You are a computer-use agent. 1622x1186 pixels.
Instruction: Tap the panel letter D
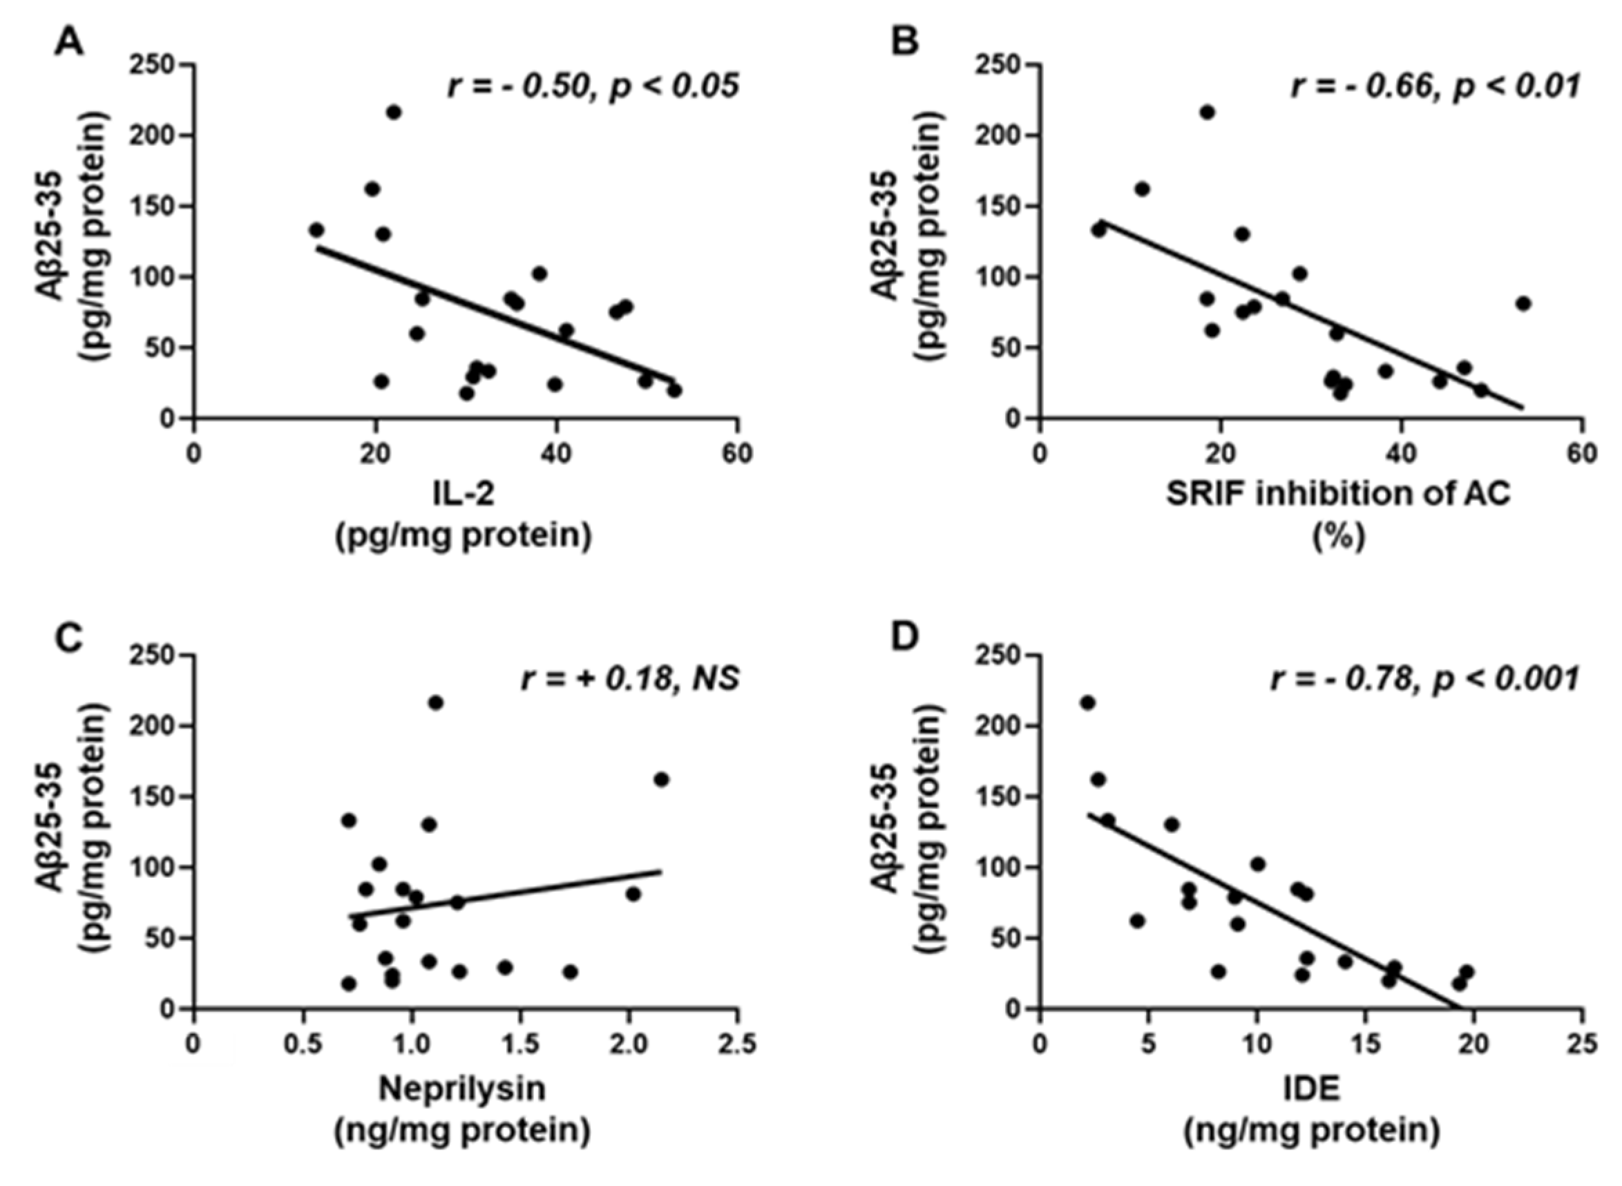pyautogui.click(x=904, y=636)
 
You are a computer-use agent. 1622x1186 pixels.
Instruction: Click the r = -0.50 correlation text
pyautogui.click(x=593, y=87)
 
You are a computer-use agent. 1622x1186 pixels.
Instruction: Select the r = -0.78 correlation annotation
pyautogui.click(x=1424, y=678)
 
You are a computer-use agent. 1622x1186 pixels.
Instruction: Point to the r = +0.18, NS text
pyautogui.click(x=631, y=678)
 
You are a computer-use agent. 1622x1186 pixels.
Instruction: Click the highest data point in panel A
pyautogui.click(x=394, y=113)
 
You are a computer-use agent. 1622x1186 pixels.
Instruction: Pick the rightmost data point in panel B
pyautogui.click(x=1523, y=304)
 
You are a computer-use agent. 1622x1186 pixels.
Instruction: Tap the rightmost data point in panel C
pyautogui.click(x=661, y=780)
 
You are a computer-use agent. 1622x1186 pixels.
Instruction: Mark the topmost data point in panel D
pyautogui.click(x=1088, y=703)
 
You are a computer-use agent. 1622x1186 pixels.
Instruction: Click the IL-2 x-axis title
pyautogui.click(x=463, y=494)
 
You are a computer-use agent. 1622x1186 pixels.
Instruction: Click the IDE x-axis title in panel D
pyautogui.click(x=1311, y=1089)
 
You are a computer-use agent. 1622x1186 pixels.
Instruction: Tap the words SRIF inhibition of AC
pyautogui.click(x=1338, y=494)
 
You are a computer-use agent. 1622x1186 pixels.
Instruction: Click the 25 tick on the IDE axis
pyautogui.click(x=1583, y=1044)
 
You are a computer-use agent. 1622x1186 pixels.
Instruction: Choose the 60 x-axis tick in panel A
pyautogui.click(x=737, y=454)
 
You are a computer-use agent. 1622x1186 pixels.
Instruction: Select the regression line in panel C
pyautogui.click(x=503, y=895)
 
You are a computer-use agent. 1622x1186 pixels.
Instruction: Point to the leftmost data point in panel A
pyautogui.click(x=316, y=231)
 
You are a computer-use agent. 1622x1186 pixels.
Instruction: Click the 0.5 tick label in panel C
pyautogui.click(x=303, y=1044)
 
